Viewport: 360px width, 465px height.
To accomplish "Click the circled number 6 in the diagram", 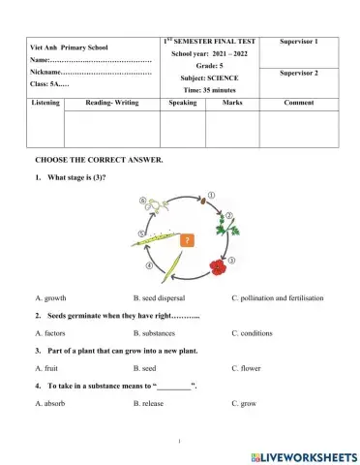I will click(144, 201).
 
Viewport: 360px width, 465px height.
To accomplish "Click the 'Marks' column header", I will click(232, 101).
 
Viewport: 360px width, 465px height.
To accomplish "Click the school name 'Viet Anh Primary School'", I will click(71, 46).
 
